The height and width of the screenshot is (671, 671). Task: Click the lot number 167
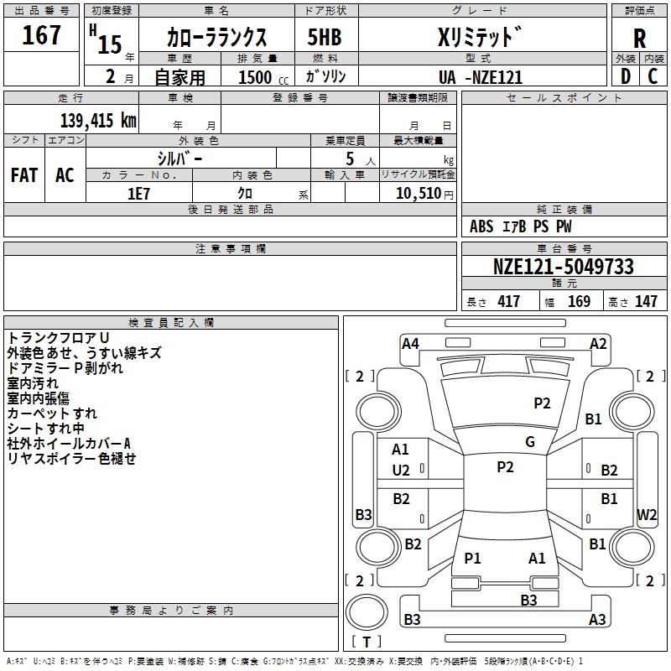click(x=41, y=36)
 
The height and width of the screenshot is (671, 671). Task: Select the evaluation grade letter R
click(x=639, y=39)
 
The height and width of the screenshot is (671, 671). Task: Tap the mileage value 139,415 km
click(x=97, y=120)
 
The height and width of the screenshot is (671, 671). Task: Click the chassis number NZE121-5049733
click(x=563, y=267)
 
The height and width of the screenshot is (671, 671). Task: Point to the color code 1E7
click(x=139, y=193)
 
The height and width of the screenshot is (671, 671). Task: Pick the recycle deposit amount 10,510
click(x=420, y=193)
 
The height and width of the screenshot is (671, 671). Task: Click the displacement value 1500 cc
click(x=256, y=77)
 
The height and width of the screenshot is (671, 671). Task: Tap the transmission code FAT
click(x=23, y=175)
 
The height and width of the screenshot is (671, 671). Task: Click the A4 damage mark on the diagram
click(x=410, y=343)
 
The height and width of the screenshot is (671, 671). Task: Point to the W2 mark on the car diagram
click(x=647, y=514)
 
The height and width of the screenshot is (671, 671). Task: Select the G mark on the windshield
click(x=530, y=442)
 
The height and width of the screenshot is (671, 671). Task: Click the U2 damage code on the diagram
click(x=401, y=471)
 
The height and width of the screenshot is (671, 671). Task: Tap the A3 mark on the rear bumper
click(x=597, y=620)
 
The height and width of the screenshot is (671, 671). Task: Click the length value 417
click(x=508, y=302)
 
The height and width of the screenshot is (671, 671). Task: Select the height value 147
click(x=646, y=302)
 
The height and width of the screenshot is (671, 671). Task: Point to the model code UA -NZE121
click(x=481, y=77)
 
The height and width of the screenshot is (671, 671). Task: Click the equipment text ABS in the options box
click(x=481, y=226)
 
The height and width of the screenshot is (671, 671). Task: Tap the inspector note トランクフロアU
click(x=58, y=338)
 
